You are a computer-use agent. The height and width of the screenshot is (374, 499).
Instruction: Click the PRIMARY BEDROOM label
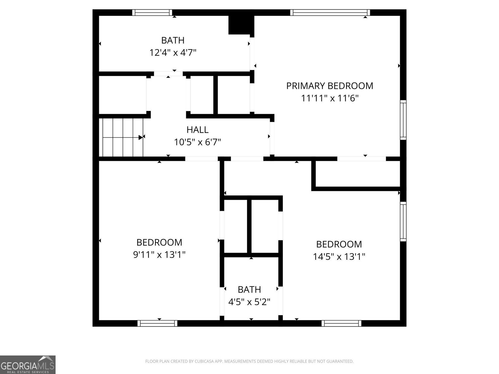[330, 86]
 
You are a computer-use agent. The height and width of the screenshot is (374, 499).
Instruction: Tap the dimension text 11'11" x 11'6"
[330, 98]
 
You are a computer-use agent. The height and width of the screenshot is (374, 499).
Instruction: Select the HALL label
[197, 130]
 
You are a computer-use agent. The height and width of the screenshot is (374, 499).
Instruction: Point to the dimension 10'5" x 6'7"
[197, 142]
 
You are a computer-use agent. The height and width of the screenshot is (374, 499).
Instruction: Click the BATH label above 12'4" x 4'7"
[173, 40]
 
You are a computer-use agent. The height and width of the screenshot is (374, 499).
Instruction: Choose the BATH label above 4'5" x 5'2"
[249, 290]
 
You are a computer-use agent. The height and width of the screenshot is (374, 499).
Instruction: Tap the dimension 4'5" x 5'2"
[249, 302]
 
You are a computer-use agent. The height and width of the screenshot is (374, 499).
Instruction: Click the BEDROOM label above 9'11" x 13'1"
[159, 242]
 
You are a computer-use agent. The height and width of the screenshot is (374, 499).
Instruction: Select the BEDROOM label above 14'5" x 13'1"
[339, 244]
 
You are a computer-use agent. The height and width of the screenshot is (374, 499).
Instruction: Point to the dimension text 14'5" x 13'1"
[339, 257]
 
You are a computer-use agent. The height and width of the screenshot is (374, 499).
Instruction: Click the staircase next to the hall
[121, 137]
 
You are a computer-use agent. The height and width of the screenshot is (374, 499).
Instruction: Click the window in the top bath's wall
[152, 12]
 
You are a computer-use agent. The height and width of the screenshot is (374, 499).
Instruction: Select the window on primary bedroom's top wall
[330, 12]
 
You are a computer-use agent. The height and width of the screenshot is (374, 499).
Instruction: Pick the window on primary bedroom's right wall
[403, 120]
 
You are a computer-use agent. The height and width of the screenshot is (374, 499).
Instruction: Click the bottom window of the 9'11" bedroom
[157, 323]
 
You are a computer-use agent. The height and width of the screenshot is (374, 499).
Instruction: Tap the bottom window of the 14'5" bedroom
[342, 323]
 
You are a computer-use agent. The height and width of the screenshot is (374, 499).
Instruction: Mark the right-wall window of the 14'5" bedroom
[403, 221]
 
